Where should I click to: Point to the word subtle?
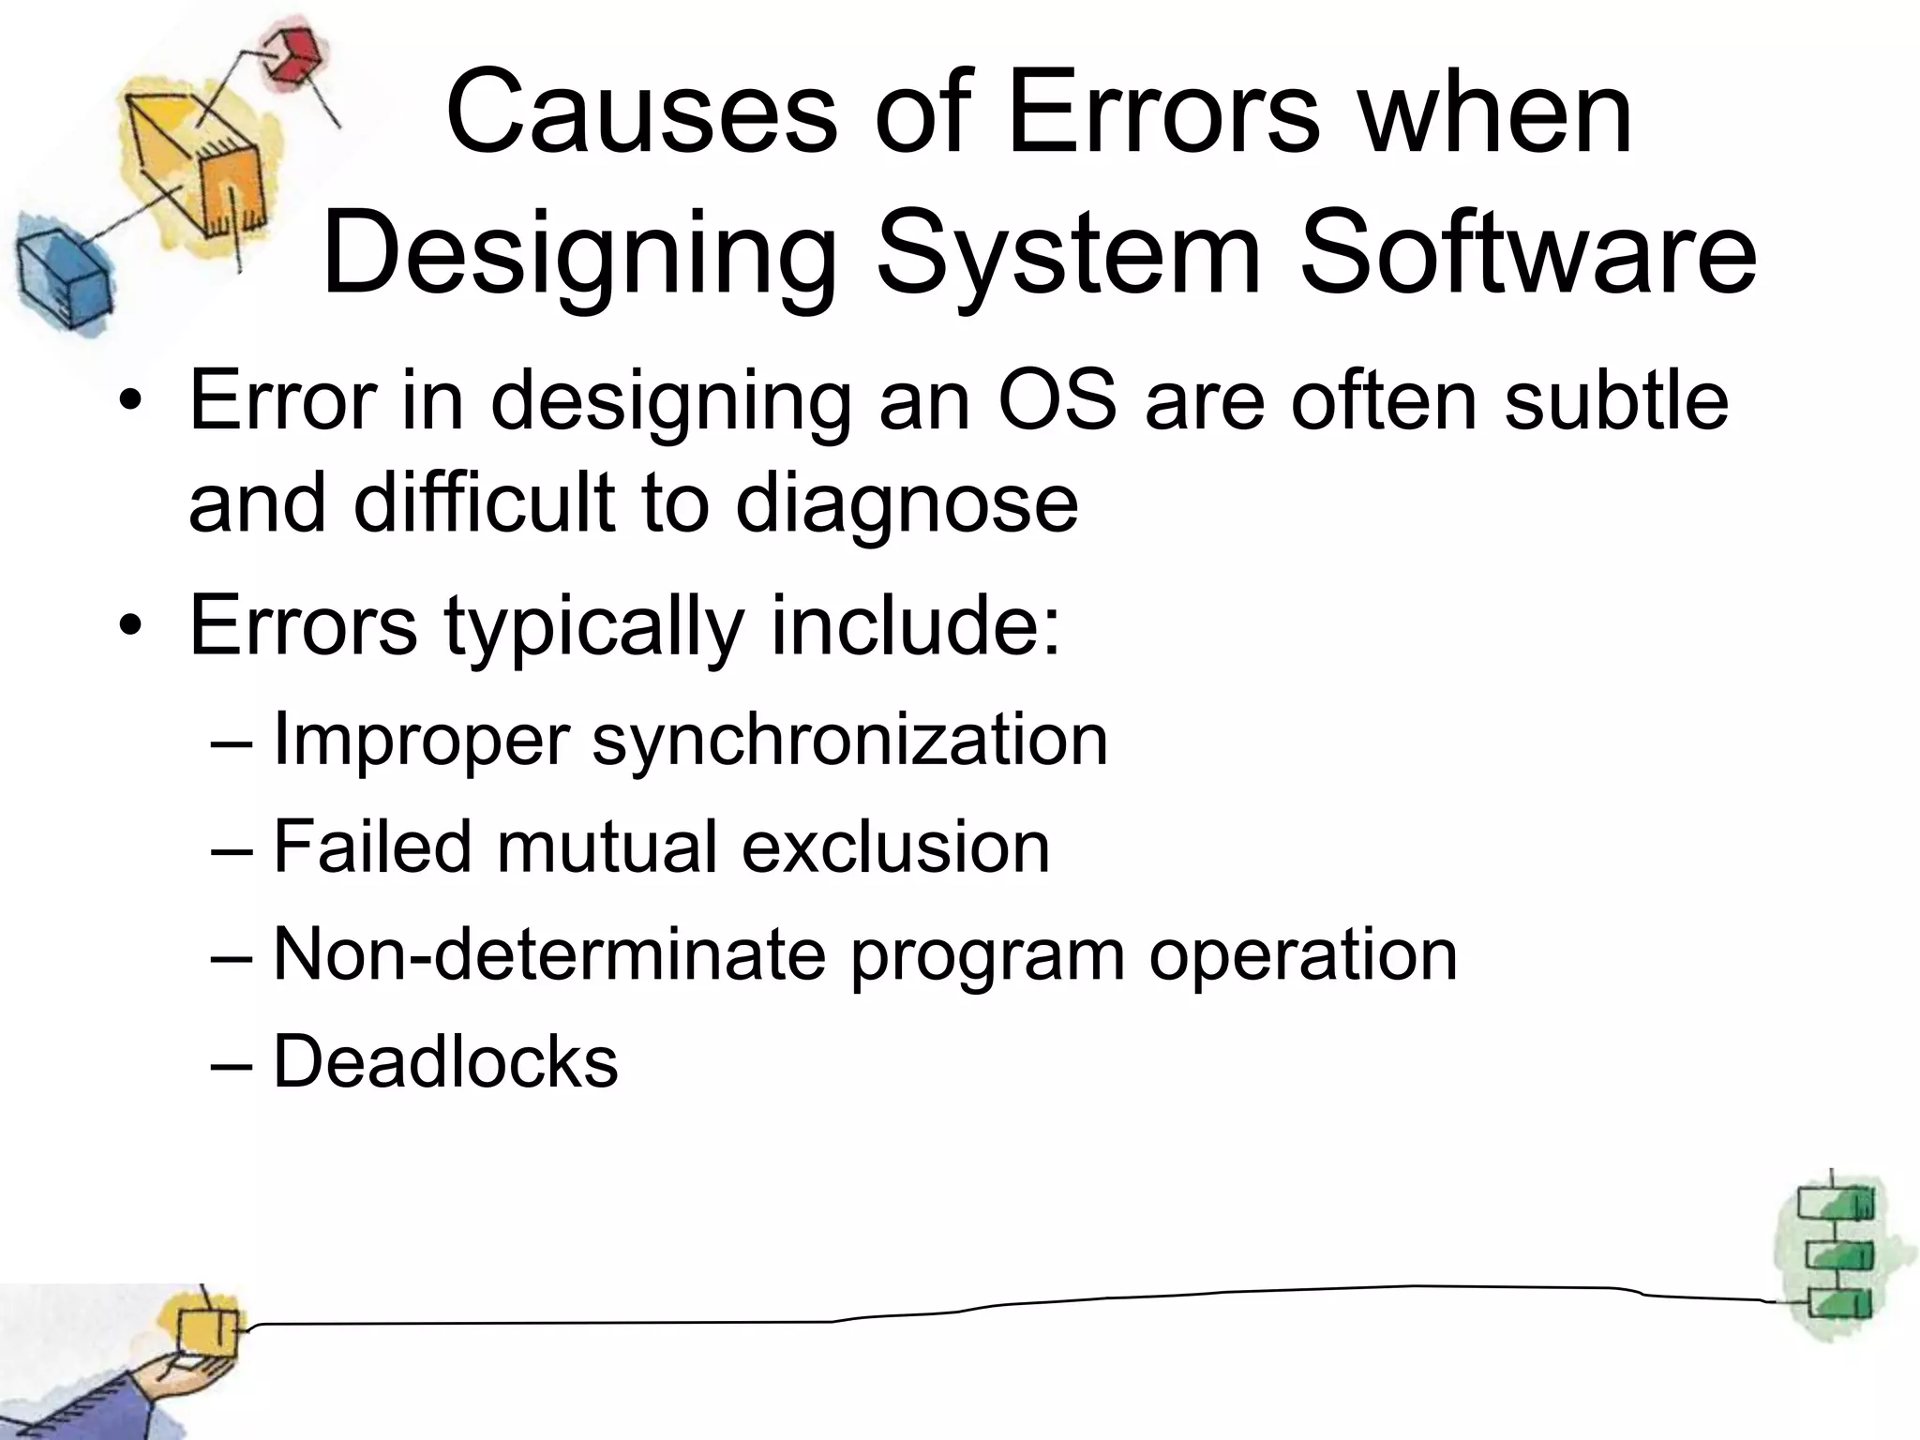click(1616, 400)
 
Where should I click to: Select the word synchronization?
click(849, 741)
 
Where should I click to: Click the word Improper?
click(421, 741)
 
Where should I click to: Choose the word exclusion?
click(895, 847)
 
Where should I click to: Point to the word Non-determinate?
click(548, 954)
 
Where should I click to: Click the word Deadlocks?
click(445, 1062)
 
